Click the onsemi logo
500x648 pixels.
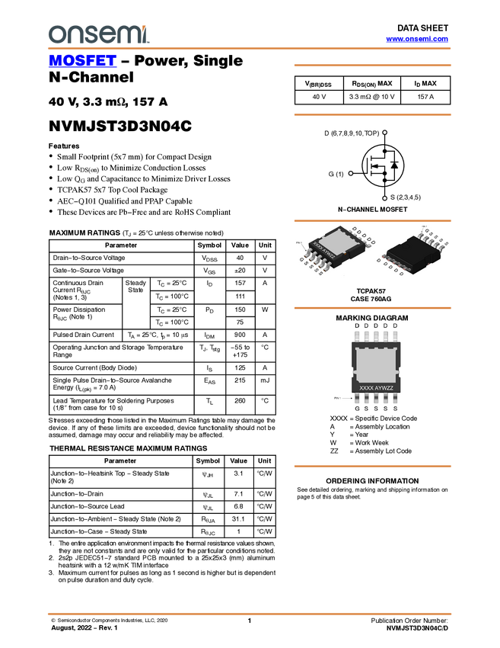click(x=98, y=34)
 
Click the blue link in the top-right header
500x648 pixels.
click(x=417, y=39)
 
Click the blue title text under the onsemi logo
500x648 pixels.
click(x=82, y=60)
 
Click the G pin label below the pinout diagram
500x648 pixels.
click(x=357, y=409)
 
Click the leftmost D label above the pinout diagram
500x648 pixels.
click(x=357, y=326)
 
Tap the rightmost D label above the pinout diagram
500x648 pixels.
click(x=394, y=326)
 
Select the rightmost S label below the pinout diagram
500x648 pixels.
click(x=394, y=409)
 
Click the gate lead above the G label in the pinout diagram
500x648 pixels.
click(x=357, y=399)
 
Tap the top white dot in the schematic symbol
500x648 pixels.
click(x=386, y=133)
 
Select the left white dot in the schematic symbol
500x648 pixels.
click(x=350, y=173)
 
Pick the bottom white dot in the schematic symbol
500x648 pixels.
click(x=386, y=198)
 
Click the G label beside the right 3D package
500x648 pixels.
click(x=425, y=229)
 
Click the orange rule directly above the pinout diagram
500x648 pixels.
click(x=372, y=308)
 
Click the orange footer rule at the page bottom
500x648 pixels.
click(x=250, y=613)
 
